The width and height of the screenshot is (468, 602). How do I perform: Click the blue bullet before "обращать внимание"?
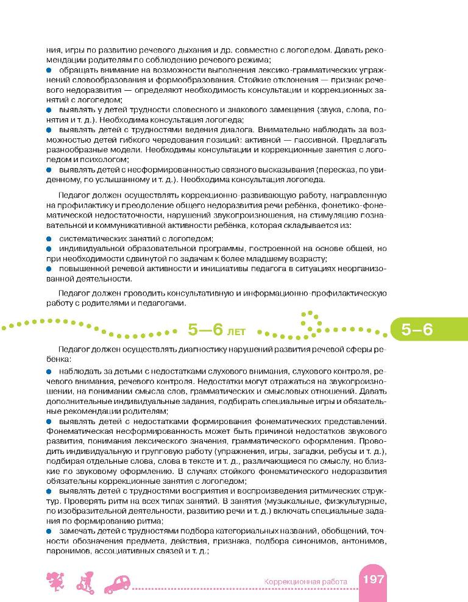pos(48,71)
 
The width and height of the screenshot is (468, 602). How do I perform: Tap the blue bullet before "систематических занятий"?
pos(48,239)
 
